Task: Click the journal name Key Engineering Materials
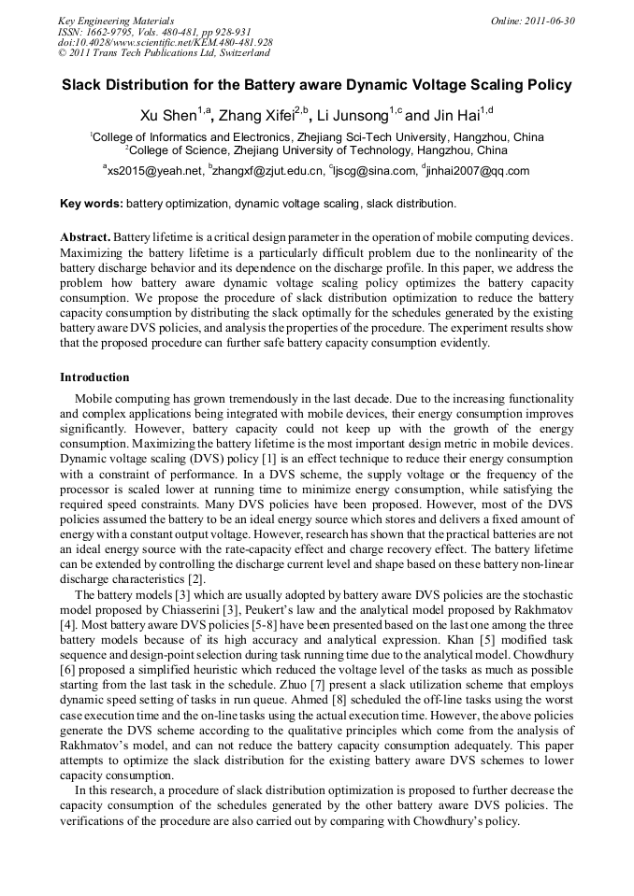click(116, 21)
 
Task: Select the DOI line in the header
click(166, 42)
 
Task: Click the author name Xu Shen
click(166, 117)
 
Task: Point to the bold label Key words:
click(91, 203)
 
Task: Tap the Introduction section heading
click(94, 377)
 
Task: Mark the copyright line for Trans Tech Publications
click(164, 53)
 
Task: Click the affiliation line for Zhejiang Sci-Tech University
click(317, 136)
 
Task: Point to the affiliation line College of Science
click(317, 149)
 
